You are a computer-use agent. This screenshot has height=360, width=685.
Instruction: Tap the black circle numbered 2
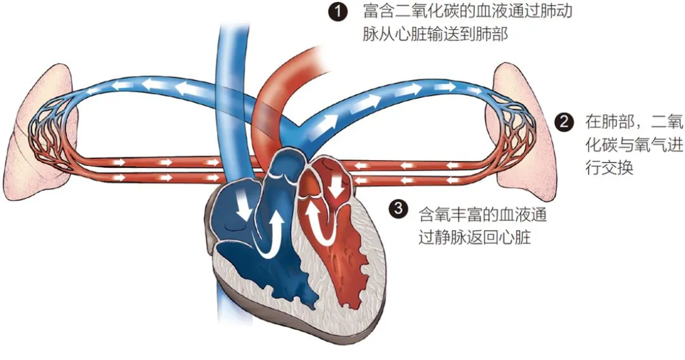coord(564,122)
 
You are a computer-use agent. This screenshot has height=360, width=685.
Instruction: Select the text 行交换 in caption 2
coord(610,167)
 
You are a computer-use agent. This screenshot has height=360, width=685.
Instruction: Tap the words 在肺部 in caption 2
coord(610,122)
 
